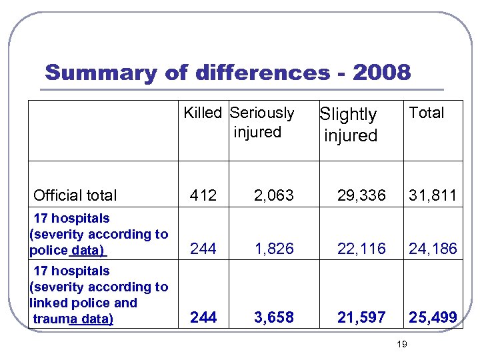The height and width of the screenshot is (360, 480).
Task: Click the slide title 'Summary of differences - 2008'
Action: coord(227,73)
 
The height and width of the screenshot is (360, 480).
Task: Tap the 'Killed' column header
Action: coord(203,113)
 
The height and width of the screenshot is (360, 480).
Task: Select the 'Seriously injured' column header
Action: coord(261,122)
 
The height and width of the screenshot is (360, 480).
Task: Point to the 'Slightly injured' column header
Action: coord(349,125)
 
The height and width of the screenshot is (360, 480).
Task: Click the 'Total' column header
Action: coord(426,113)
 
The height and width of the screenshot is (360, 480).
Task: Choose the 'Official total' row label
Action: coord(75,195)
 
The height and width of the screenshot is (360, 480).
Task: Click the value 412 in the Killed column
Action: coord(203,195)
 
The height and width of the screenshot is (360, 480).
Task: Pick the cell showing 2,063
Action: coord(275,195)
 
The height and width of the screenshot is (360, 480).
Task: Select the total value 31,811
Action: coord(433,195)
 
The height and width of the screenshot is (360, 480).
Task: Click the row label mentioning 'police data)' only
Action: coord(99,234)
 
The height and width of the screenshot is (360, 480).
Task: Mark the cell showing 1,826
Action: coord(275,249)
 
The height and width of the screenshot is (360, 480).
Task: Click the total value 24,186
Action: coord(433,249)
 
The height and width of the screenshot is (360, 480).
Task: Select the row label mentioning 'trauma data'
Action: coord(99,295)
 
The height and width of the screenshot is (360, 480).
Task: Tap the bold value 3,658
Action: coord(275,317)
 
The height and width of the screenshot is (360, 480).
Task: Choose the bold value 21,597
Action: coord(361,317)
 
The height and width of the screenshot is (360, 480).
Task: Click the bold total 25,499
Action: coord(433,317)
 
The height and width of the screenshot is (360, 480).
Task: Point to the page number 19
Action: coord(401,344)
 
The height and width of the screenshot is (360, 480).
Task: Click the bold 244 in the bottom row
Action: coord(203,317)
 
